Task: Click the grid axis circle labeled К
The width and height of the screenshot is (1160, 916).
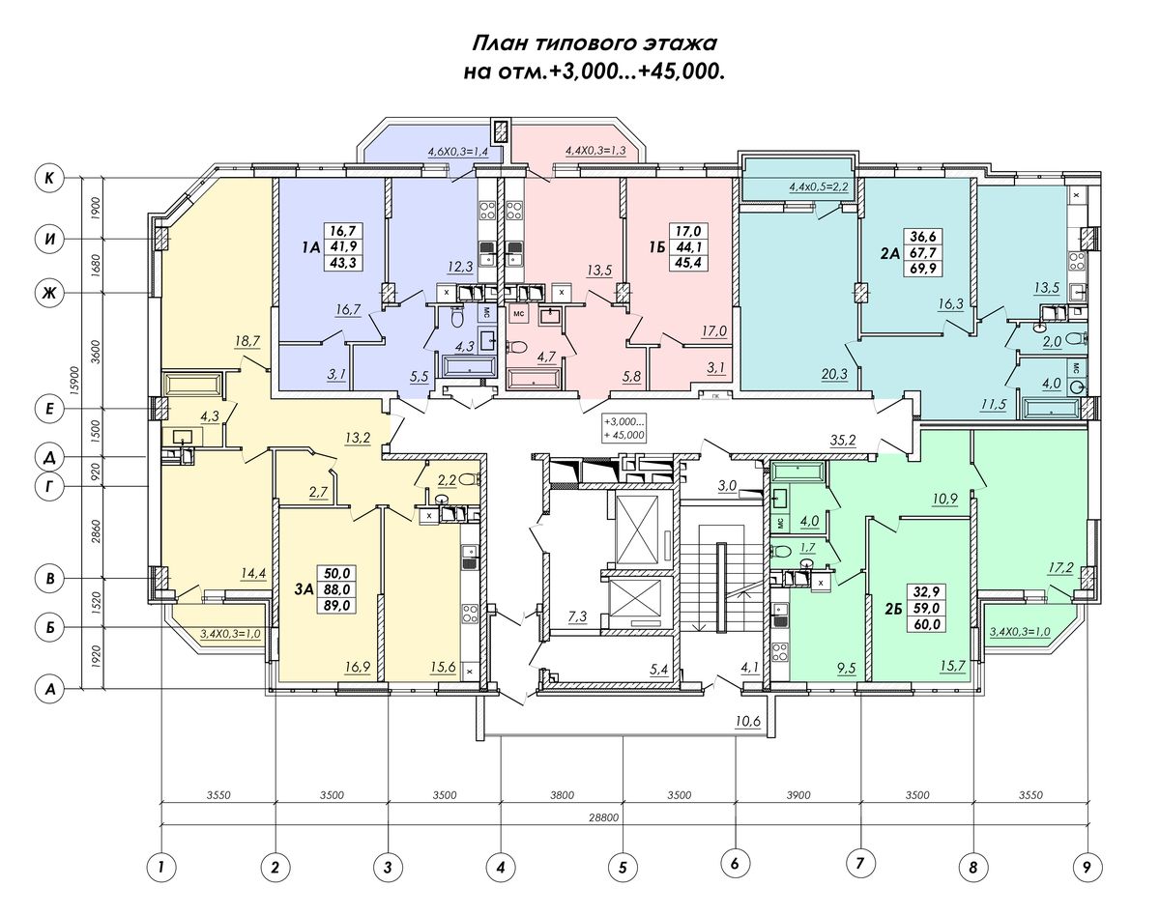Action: [x=49, y=178]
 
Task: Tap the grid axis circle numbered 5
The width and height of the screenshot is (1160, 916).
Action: [x=623, y=868]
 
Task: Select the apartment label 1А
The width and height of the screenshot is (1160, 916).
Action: [x=311, y=248]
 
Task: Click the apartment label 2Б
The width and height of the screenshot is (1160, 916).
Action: [x=893, y=609]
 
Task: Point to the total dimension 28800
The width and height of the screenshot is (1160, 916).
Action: [x=603, y=818]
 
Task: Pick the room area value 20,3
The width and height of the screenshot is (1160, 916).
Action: [x=834, y=373]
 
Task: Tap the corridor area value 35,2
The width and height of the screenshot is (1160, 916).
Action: [x=843, y=441]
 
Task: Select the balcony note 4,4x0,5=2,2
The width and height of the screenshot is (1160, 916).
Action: [x=819, y=187]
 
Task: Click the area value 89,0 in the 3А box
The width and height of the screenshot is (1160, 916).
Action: [x=337, y=605]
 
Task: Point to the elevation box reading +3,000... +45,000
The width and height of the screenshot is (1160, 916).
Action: [x=623, y=428]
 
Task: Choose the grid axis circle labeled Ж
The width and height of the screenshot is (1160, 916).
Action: [x=49, y=293]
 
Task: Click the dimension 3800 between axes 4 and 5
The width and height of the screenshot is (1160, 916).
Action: [x=562, y=795]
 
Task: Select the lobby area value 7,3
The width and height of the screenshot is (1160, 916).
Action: [x=577, y=616]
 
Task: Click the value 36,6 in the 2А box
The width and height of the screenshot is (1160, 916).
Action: [x=922, y=236]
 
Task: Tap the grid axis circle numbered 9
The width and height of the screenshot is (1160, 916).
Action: [x=1087, y=868]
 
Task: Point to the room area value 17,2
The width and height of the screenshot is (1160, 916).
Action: [x=1060, y=567]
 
